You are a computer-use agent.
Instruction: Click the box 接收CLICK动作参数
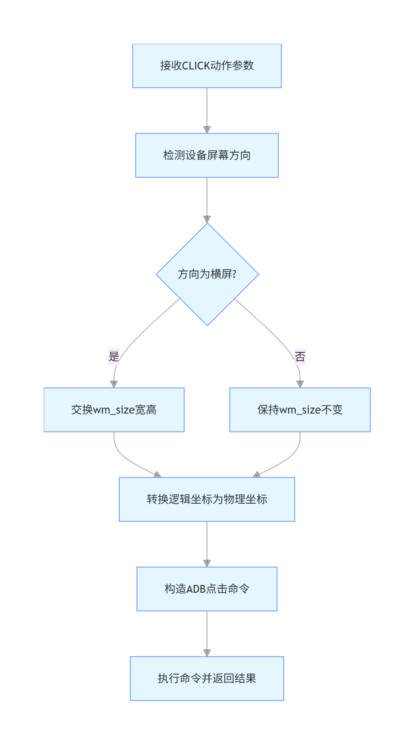point(207,66)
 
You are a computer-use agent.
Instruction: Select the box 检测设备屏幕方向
point(207,155)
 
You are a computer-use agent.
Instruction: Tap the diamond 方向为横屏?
point(207,274)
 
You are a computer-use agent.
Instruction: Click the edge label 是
point(114,356)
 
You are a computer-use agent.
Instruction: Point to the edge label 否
point(300,356)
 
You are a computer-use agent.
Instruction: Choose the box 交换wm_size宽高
point(114,410)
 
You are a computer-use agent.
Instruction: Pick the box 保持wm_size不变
point(300,410)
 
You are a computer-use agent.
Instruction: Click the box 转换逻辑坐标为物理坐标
point(207,500)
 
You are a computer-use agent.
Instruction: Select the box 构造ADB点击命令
point(207,589)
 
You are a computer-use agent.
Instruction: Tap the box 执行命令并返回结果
point(207,679)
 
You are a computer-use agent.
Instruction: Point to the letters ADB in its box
point(196,589)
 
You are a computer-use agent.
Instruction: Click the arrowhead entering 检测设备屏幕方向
point(207,129)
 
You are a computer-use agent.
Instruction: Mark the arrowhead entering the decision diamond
point(207,219)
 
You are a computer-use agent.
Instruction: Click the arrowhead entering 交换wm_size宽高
point(114,384)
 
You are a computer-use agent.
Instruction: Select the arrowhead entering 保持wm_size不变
point(300,384)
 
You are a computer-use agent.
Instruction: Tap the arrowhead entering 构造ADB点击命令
point(207,563)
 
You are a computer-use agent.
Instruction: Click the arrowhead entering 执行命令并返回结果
point(207,653)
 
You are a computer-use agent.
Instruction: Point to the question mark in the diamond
point(234,274)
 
